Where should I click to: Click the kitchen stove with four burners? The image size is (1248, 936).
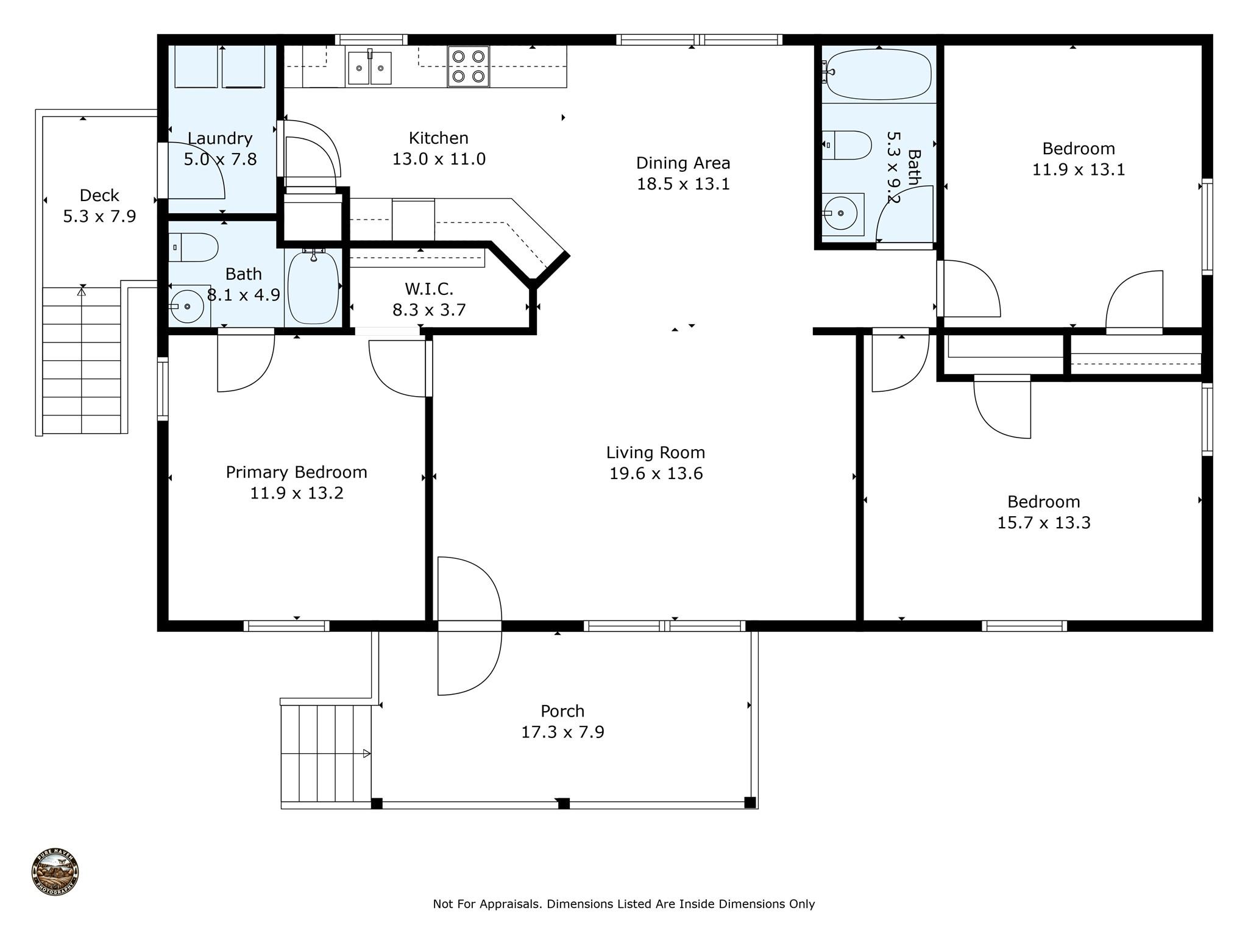coord(468,66)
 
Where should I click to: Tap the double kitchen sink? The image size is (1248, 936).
coord(369,68)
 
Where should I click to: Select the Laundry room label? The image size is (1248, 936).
coord(219,138)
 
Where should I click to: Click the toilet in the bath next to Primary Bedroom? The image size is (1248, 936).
coord(193,247)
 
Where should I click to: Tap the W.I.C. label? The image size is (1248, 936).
coord(429,288)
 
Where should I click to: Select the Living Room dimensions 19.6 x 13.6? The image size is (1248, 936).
coord(656,473)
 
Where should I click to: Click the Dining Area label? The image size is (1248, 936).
coord(683,163)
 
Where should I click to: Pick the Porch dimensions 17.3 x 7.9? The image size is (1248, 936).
coord(562,732)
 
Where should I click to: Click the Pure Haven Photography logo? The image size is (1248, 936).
coord(55,871)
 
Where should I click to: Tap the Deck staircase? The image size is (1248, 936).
coord(82,360)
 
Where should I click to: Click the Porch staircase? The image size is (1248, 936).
coord(326,753)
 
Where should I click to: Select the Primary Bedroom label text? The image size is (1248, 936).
coord(297,472)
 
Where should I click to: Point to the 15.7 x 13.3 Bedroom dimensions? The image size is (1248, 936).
coord(1044,523)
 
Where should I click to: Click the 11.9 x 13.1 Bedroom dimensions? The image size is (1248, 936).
coord(1079,169)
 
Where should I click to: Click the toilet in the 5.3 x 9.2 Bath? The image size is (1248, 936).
coord(846,145)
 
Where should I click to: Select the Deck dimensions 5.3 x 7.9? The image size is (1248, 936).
coord(99,216)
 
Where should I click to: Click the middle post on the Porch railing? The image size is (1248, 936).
coord(564,803)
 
